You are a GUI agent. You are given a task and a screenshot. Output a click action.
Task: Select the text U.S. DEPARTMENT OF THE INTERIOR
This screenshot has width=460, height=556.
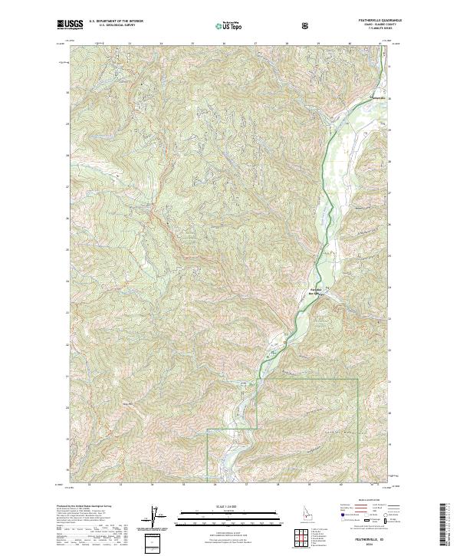[116, 22]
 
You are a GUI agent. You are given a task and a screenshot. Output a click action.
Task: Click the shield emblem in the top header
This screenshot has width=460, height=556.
[307, 25]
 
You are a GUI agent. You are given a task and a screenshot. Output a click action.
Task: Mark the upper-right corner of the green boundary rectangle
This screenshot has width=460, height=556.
[357, 379]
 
